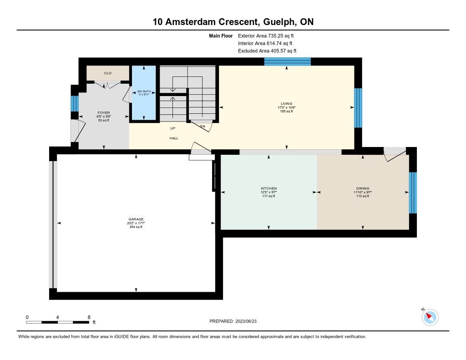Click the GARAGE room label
(x=136, y=219)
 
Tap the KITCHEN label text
(x=268, y=188)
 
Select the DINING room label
(x=363, y=188)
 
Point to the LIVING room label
(x=286, y=103)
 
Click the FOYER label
(x=104, y=112)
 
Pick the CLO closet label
(x=108, y=73)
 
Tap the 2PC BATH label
(x=143, y=91)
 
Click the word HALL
(x=174, y=138)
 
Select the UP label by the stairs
(x=173, y=128)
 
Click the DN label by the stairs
(x=202, y=126)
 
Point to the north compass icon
(x=430, y=317)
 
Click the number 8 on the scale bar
(x=89, y=317)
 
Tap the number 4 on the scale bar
(x=58, y=317)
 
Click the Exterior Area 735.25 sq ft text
(x=269, y=35)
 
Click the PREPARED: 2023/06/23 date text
(x=236, y=321)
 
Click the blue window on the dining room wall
(x=413, y=193)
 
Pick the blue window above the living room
(x=288, y=61)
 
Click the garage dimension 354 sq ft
(x=136, y=227)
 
